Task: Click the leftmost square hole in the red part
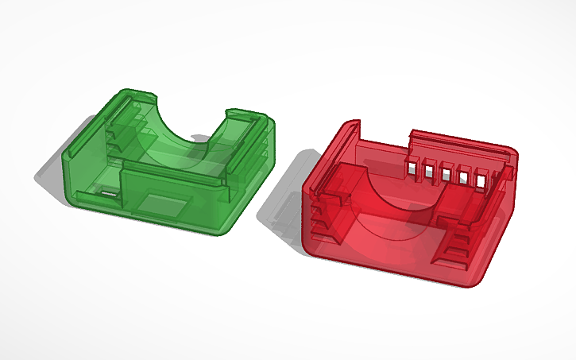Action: click(x=413, y=167)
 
